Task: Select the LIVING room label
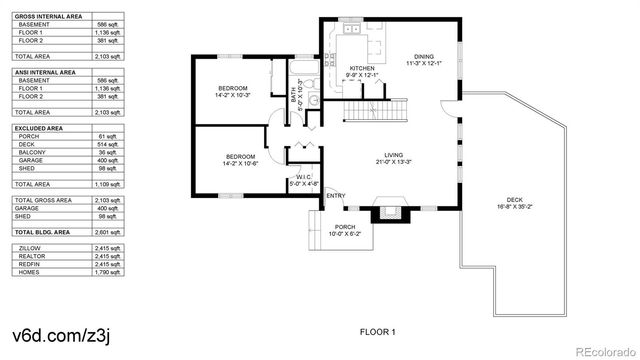click(394, 156)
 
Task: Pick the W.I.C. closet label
click(304, 177)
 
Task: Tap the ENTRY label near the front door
click(336, 195)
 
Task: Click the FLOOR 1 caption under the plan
click(378, 331)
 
